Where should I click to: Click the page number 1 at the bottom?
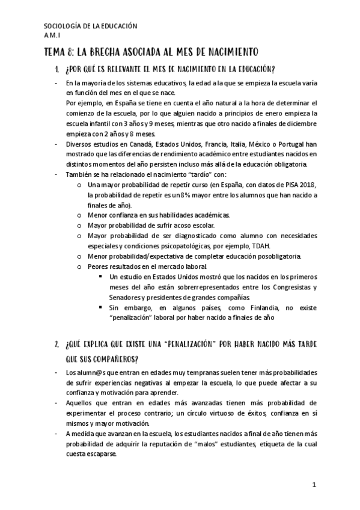coord(314,484)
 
